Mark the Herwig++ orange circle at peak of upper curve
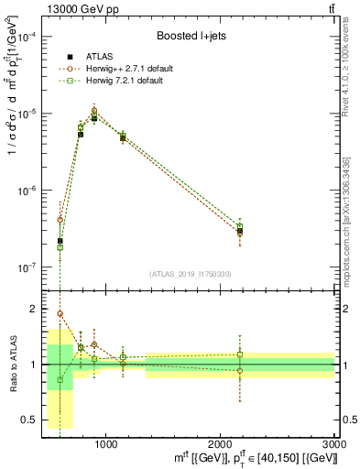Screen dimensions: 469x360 click(x=94, y=110)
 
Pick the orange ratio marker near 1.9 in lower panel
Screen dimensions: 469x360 click(x=60, y=314)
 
